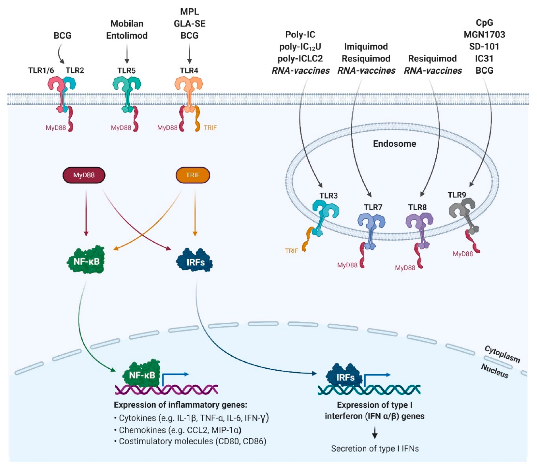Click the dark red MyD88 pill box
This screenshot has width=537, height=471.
[84, 175]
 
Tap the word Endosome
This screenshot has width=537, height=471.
[394, 144]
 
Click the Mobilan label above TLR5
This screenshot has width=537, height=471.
[127, 24]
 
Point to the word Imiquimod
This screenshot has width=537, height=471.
[366, 47]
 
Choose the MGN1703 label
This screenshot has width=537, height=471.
[484, 35]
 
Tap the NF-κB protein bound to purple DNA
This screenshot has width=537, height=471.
[142, 375]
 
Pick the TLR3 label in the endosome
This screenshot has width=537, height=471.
[328, 196]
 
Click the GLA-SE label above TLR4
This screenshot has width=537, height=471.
[189, 24]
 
